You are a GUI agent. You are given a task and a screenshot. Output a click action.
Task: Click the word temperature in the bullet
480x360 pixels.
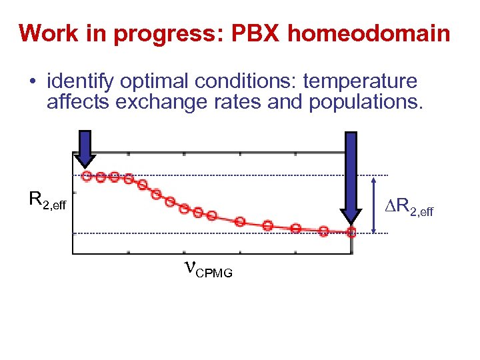360,81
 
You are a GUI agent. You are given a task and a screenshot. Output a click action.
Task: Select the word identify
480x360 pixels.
79,81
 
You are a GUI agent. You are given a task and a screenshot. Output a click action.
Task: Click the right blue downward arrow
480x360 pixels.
351,177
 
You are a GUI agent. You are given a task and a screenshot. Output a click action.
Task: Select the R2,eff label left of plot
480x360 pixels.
47,199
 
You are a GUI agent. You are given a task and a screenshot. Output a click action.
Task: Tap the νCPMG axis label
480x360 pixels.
207,269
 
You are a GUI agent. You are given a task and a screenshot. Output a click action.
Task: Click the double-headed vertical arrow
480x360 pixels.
374,205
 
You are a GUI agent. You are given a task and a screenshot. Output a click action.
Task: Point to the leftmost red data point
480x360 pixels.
86,176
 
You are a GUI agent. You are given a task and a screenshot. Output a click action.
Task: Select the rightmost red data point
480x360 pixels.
351,233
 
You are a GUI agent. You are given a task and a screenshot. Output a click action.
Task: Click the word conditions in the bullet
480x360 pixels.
251,81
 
